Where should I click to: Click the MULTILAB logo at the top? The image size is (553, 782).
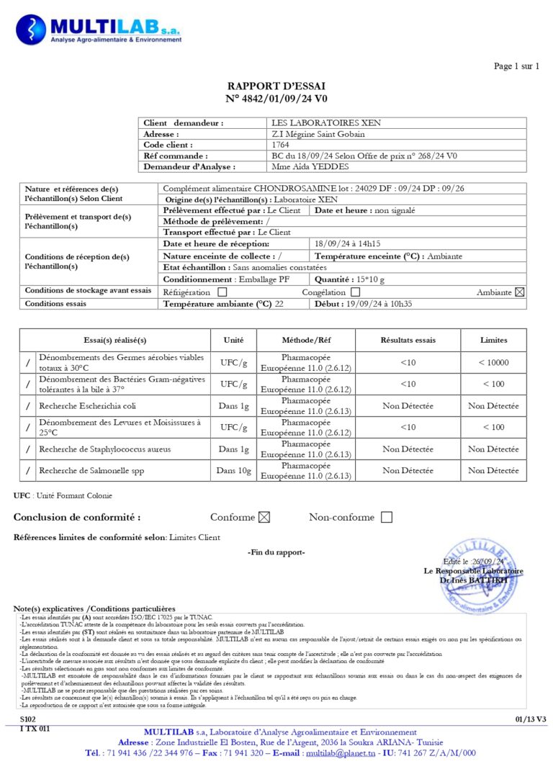point(99,30)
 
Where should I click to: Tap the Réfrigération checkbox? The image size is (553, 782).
point(222,292)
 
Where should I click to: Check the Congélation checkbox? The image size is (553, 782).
point(355,292)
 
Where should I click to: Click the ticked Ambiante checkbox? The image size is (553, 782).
point(520,292)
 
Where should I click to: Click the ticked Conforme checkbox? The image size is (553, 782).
point(264,517)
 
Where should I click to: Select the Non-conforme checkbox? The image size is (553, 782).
point(387,517)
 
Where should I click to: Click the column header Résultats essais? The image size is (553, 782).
point(408,340)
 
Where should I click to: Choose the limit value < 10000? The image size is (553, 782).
point(493,362)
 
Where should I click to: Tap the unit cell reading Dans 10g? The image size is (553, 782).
point(234,471)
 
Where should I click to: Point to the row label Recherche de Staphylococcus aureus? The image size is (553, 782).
point(105,449)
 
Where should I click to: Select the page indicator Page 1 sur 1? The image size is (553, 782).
point(516,67)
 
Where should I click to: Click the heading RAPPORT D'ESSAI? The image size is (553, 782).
point(276,86)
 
